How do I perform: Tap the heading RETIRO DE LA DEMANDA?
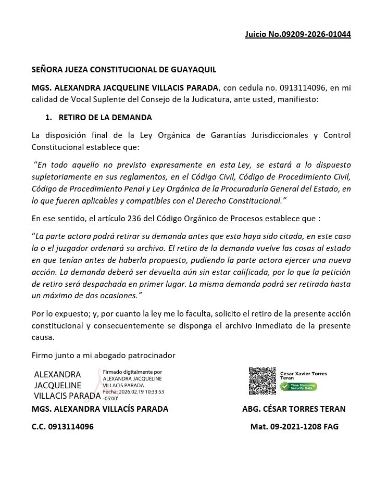(x=105, y=118)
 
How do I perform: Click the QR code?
(x=262, y=381)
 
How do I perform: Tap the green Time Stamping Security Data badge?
(x=298, y=387)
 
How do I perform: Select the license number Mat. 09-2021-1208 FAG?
(x=294, y=427)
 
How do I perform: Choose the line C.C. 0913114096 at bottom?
(x=63, y=427)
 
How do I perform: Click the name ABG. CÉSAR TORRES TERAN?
(x=294, y=409)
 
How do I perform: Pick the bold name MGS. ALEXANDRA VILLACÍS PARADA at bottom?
(x=100, y=409)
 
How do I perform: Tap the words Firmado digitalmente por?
(x=132, y=372)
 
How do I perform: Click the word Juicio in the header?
(x=256, y=35)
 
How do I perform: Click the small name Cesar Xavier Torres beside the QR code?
(x=304, y=374)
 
